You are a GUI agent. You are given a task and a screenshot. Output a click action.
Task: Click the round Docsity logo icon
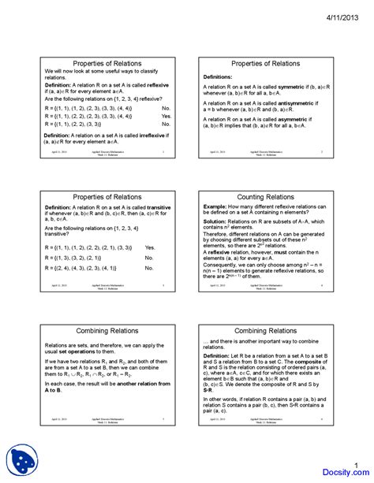click(x=22, y=459)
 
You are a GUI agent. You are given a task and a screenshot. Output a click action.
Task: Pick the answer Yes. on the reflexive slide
click(x=166, y=115)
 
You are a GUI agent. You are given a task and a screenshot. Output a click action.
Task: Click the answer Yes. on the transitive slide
click(x=150, y=247)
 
